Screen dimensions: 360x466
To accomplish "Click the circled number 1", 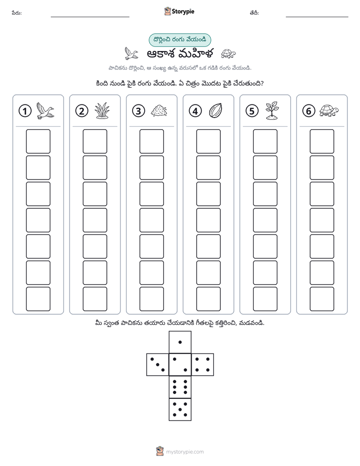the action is click(25, 111).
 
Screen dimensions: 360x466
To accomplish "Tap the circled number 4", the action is click(195, 111).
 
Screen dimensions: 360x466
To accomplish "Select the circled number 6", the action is click(309, 111).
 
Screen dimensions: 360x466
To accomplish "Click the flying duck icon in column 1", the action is click(45, 110).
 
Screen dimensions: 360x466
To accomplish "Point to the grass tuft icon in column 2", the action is click(102, 111).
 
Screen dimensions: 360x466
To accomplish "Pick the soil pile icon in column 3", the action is click(159, 110).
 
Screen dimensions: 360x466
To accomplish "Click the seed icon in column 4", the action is click(216, 110).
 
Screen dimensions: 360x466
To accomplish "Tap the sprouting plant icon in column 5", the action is click(272, 110).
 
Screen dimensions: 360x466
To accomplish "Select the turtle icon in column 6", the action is click(329, 110).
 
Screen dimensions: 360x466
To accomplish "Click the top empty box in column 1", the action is click(38, 141).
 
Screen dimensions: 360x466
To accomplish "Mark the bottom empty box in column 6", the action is click(322, 299).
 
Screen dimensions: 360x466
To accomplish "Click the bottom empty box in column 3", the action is click(151, 299).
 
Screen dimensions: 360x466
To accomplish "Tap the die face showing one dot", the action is click(180, 342).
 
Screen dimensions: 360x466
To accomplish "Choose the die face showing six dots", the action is click(180, 387).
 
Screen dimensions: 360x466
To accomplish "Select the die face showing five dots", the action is click(180, 409).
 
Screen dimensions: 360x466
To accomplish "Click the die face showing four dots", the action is click(203, 364).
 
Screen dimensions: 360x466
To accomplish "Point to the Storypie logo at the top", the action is click(179, 12).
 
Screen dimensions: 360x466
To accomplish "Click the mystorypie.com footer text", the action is click(185, 452).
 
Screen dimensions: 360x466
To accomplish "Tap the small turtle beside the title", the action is click(228, 53).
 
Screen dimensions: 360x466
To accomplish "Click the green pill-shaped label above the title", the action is click(179, 40).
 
